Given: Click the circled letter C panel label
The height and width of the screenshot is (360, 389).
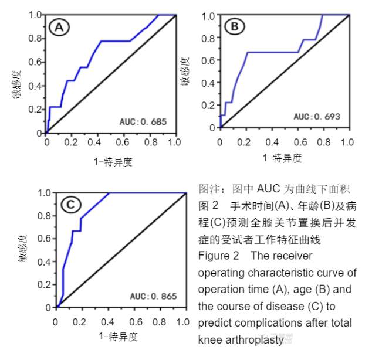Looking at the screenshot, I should coord(70,205).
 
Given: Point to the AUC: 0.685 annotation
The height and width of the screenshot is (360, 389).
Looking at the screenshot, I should coord(143,122).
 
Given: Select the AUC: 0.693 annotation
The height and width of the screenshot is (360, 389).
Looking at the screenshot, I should coord(317,116).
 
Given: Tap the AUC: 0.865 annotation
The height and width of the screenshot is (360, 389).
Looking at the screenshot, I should coord(153,296).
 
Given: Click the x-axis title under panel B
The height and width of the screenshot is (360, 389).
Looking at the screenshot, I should coord(283,157).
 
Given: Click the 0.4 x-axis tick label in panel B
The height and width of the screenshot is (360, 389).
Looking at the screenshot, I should coord(270,142).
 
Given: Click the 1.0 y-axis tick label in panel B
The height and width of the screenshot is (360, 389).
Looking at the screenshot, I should coord(207,15).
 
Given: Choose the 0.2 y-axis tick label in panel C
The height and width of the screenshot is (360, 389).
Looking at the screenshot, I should coord(43,284).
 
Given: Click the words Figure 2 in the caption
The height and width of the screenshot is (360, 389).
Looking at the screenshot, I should coord(215,256).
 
